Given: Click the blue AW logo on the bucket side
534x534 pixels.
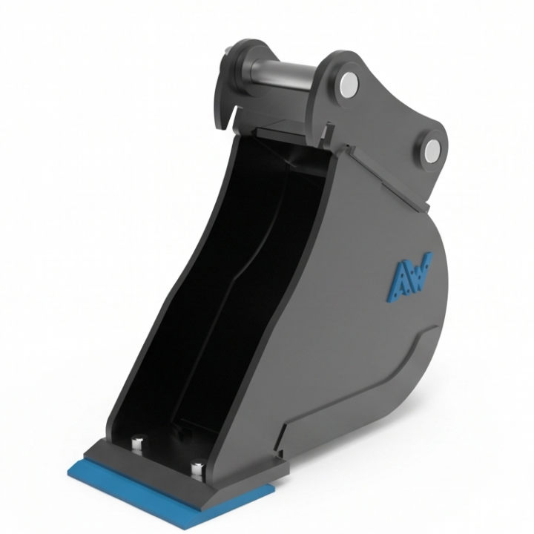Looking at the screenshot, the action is (409, 277).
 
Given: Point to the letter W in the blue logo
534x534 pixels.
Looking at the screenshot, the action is (420, 271).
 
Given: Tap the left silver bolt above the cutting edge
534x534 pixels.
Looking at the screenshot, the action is (138, 443).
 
